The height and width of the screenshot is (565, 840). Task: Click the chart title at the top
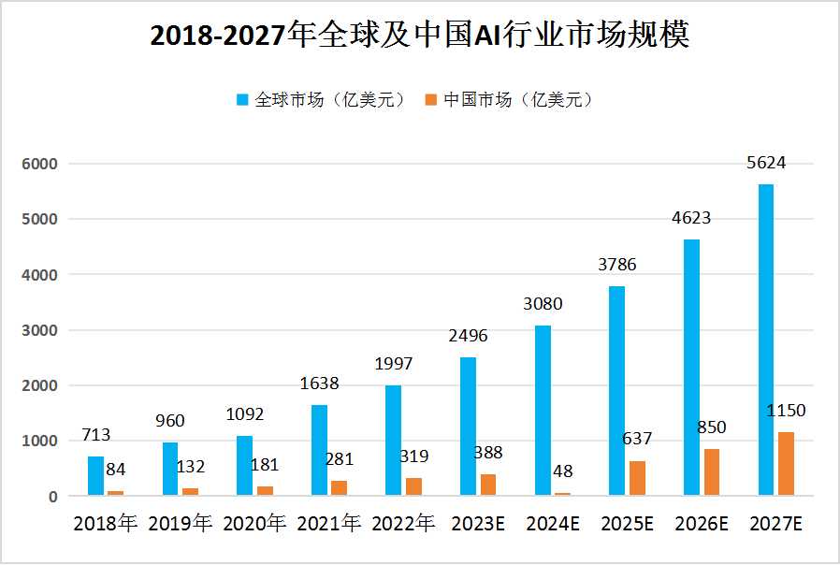coord(420,36)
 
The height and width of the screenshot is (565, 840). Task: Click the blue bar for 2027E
coord(765,340)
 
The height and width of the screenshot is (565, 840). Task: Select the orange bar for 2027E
coord(786,464)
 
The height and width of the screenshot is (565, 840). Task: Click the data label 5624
coord(765,162)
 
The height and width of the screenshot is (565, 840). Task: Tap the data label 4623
coord(691,218)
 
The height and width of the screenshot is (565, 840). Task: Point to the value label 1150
coord(786,411)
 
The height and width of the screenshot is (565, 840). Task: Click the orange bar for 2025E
coord(637,478)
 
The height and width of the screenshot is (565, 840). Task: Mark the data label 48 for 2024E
coord(562,471)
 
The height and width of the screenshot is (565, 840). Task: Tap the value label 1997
coord(394,363)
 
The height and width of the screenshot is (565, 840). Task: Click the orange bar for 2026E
coord(712,472)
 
